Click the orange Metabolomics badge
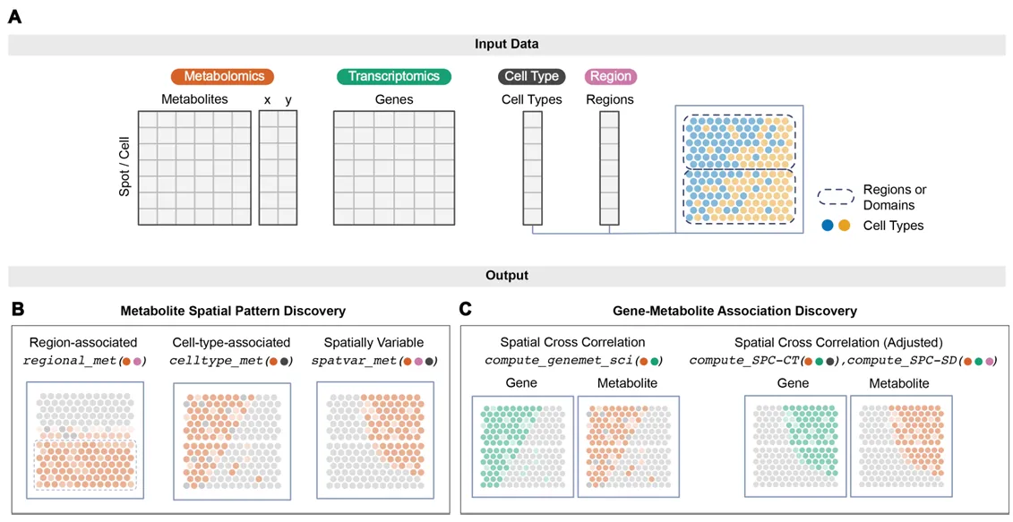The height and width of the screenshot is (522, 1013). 222,77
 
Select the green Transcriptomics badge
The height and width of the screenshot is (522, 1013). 394,77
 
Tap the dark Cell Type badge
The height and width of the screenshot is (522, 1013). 532,77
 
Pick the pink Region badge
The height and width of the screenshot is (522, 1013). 610,77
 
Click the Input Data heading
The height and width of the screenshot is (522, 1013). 506,44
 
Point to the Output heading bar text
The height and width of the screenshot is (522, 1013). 506,276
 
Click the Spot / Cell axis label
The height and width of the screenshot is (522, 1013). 124,167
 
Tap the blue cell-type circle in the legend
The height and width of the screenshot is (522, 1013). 828,226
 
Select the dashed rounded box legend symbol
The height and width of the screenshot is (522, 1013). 835,196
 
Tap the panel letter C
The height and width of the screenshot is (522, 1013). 465,309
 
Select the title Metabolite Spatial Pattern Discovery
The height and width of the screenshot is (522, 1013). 233,311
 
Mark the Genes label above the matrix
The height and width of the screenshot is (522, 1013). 394,99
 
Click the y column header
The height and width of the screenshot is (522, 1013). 288,99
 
